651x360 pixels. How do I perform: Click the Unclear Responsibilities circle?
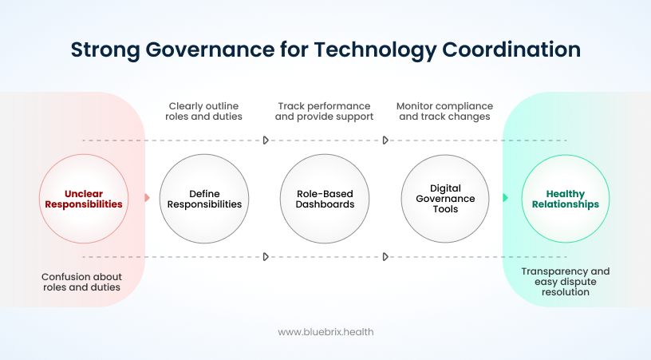pos(83,199)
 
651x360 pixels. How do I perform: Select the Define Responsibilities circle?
pos(204,199)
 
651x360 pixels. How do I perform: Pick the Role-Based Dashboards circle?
pos(325,199)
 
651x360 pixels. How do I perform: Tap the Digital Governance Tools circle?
pos(446,199)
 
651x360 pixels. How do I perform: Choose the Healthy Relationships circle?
pos(565,199)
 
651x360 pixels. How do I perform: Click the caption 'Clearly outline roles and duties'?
pos(203,111)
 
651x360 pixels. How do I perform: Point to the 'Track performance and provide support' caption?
pos(324,111)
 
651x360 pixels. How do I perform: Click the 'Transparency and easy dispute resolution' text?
pos(565,282)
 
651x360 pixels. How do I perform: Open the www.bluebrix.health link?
pos(325,331)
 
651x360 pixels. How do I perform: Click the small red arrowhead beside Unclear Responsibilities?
pos(147,197)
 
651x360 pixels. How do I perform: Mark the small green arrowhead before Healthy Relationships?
pos(505,197)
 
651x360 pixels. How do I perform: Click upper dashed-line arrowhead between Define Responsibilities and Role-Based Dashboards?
pos(266,140)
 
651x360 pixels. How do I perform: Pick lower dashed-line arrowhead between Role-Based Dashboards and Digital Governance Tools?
pos(385,257)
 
